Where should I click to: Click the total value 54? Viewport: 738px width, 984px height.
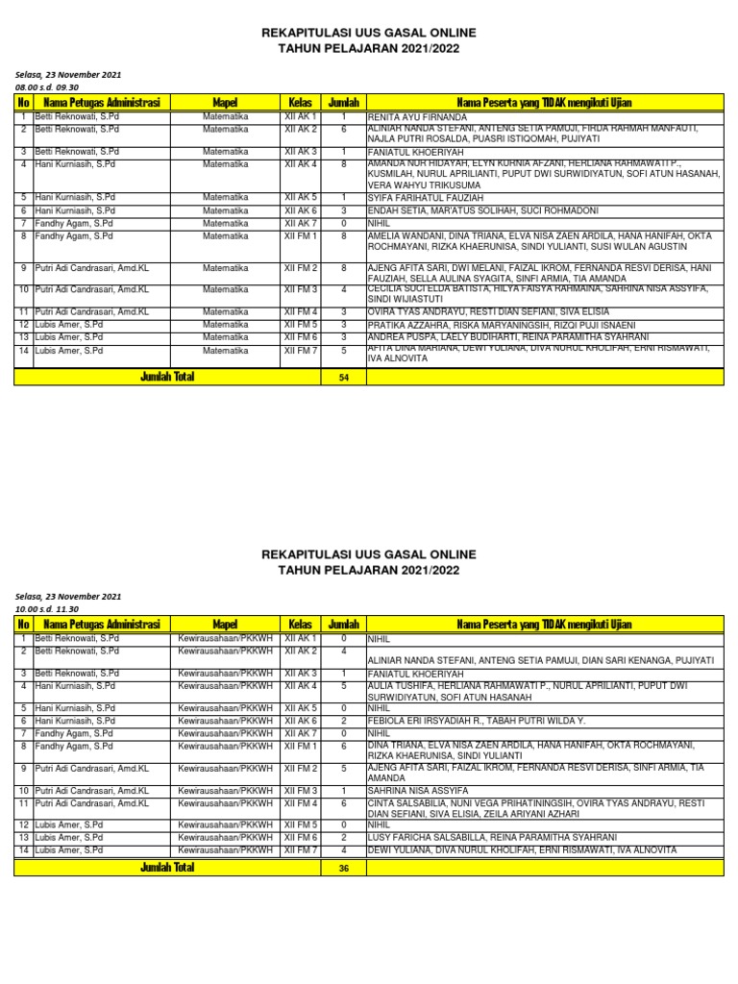tap(343, 378)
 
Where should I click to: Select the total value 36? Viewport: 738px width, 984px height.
tap(343, 868)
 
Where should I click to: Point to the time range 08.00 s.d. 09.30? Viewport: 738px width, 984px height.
tap(46, 86)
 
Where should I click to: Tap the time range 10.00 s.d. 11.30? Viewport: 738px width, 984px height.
tap(46, 609)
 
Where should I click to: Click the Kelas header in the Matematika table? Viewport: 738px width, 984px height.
tap(300, 102)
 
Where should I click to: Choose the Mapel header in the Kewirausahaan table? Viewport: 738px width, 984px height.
tap(224, 625)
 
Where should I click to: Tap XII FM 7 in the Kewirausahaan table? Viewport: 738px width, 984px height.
tap(300, 850)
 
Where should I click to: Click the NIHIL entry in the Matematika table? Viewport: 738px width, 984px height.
tap(381, 223)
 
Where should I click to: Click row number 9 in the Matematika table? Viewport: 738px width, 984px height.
tap(23, 268)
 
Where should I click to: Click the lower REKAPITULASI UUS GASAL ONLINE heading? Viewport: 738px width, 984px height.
tap(369, 555)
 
